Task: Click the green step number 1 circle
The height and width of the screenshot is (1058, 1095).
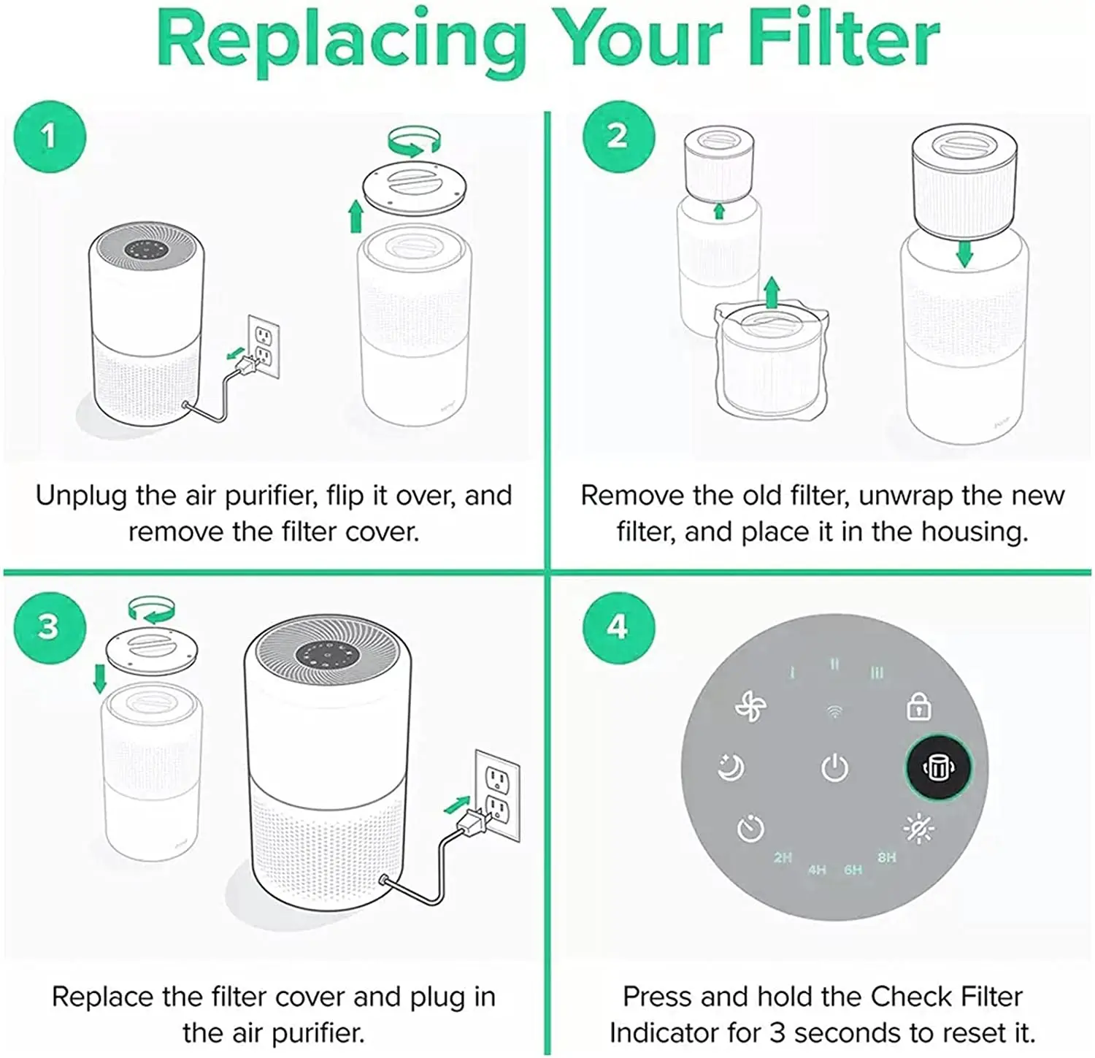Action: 50,137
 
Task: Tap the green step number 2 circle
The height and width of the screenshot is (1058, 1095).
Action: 618,137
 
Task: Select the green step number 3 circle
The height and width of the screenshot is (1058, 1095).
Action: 50,627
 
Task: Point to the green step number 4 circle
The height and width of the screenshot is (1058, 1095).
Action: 618,627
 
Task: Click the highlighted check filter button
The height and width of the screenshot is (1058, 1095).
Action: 938,767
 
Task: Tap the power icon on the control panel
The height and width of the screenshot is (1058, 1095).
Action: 834,768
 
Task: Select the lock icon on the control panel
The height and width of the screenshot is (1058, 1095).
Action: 918,707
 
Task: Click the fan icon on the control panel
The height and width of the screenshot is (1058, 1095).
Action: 750,707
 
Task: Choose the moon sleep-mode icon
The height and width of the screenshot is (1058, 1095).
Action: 731,767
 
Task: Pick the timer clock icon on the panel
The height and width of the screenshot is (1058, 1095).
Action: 750,829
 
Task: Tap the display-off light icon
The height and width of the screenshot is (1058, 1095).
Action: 918,828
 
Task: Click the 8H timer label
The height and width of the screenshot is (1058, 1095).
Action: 886,857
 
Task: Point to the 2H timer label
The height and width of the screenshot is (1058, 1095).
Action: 783,857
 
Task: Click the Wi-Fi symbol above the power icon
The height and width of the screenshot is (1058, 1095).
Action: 834,711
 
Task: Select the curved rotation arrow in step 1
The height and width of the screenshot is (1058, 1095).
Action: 414,142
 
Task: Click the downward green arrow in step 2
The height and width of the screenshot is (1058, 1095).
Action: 964,253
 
